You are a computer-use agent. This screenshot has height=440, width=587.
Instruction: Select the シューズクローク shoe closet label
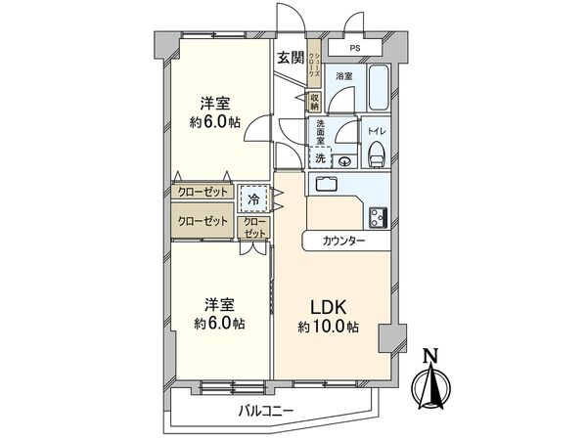[x=313, y=69]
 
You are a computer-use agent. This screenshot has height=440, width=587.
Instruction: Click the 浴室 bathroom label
[x=344, y=75]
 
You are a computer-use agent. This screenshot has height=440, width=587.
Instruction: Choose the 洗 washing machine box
[x=320, y=157]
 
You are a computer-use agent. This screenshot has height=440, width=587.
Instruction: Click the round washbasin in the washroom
[x=344, y=160]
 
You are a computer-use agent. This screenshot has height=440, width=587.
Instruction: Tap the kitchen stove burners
[x=377, y=214]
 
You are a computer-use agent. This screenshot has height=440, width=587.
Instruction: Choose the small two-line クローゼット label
[x=254, y=229]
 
